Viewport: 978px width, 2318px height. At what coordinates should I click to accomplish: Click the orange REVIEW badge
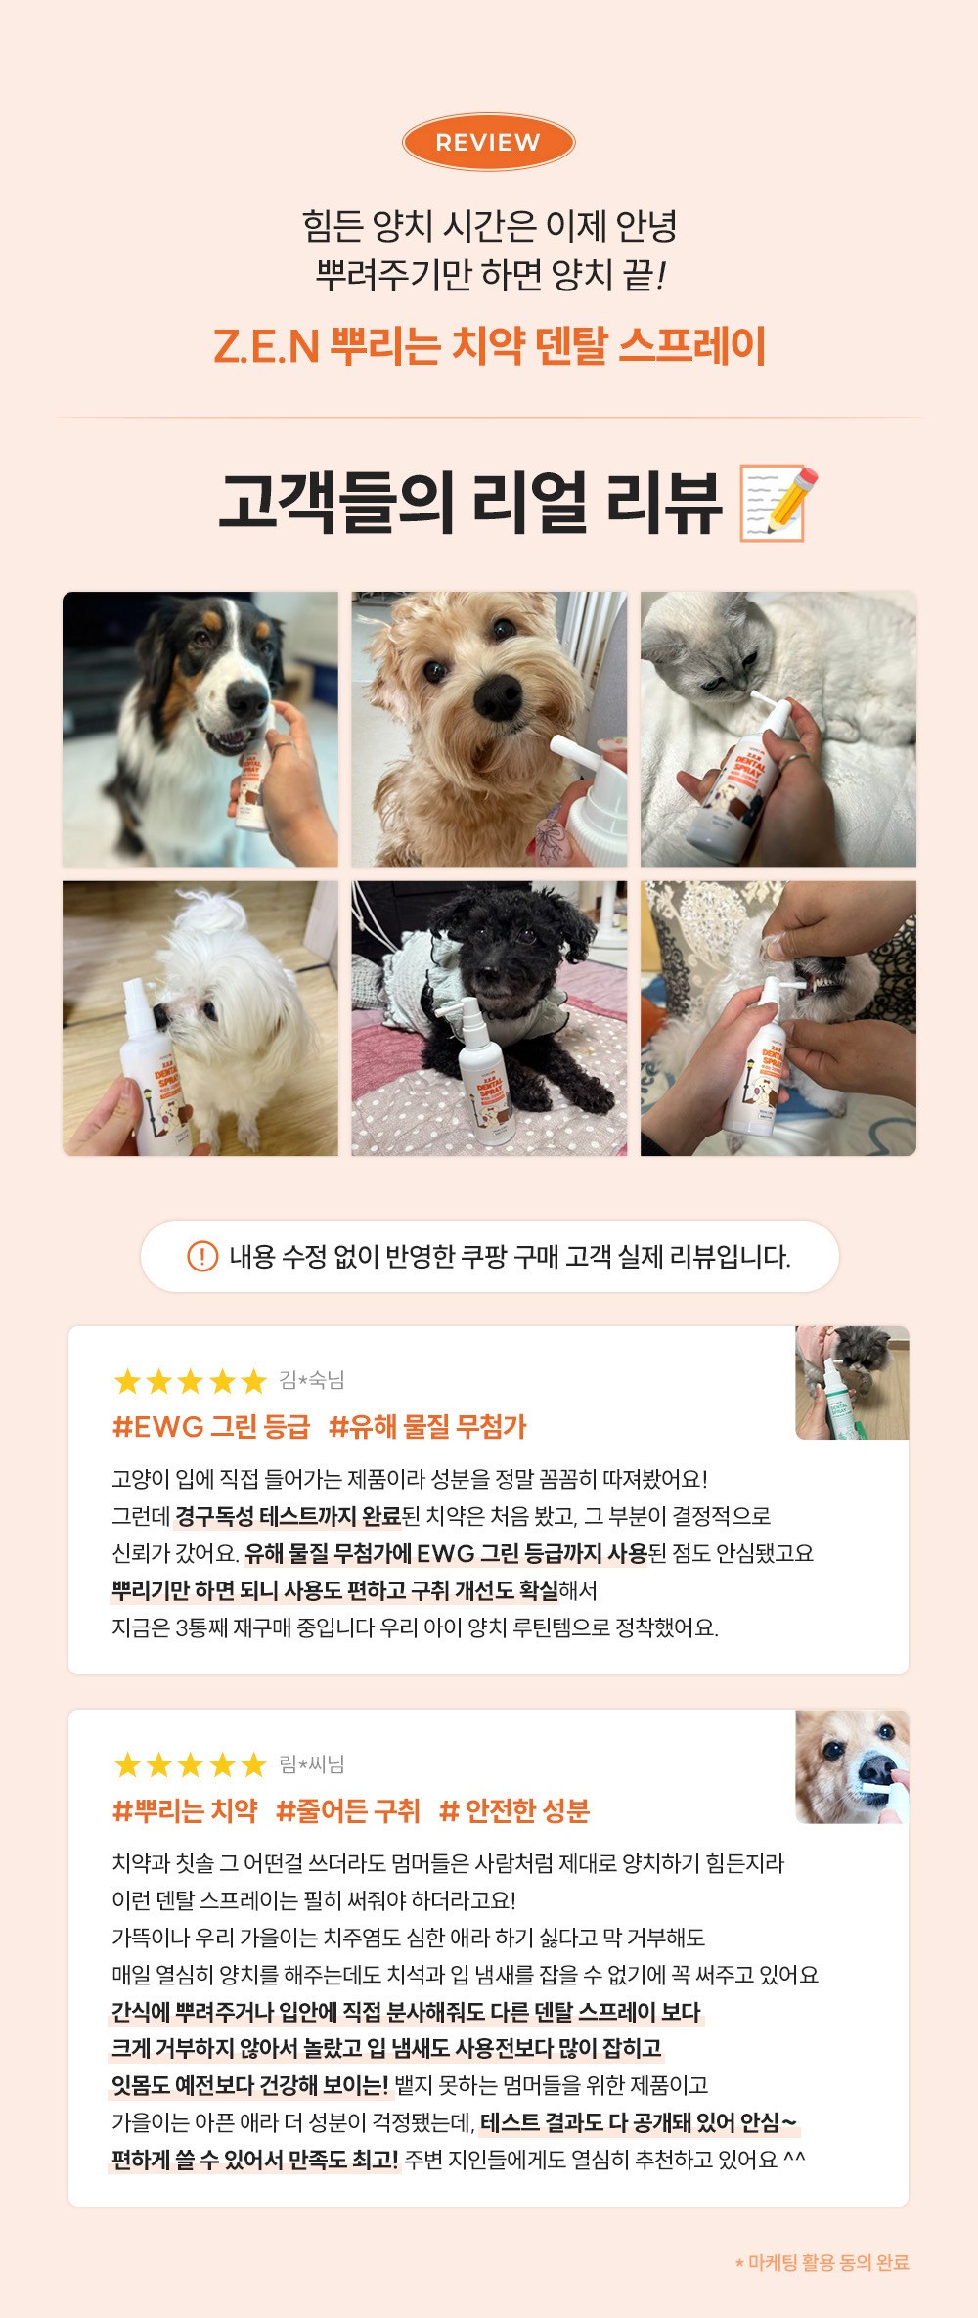click(x=488, y=143)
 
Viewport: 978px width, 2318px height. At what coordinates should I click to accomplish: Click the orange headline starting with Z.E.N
click(x=489, y=346)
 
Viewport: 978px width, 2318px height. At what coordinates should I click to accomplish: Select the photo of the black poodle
click(x=489, y=1018)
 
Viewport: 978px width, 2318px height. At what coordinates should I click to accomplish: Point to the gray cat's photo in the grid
click(x=778, y=729)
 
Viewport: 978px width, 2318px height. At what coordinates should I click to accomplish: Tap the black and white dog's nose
click(x=246, y=699)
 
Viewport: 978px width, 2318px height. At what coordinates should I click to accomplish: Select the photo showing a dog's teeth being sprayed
click(x=778, y=1018)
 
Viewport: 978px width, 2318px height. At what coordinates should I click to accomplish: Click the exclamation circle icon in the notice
click(x=202, y=1256)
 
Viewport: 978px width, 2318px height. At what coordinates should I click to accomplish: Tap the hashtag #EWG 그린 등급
click(x=211, y=1427)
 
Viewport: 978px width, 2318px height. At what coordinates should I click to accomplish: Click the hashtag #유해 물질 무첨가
click(x=427, y=1427)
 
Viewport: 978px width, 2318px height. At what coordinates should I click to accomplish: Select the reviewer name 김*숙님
click(x=312, y=1380)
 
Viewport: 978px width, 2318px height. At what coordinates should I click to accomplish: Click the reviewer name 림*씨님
click(x=312, y=1764)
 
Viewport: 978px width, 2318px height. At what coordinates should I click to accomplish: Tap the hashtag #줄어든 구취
click(x=348, y=1811)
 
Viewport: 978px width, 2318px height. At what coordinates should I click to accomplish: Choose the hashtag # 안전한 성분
click(x=514, y=1811)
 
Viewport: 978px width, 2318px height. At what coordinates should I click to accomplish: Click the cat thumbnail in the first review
click(x=852, y=1383)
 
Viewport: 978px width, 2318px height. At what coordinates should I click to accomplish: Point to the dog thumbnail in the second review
click(x=852, y=1767)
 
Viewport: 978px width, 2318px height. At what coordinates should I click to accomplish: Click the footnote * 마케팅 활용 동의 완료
click(x=822, y=2262)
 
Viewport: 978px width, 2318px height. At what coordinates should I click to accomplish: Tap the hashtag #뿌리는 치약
click(x=185, y=1811)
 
